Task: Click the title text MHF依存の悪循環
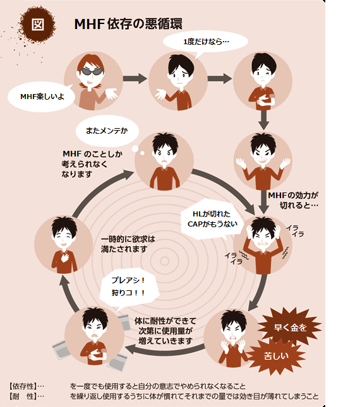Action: (128, 24)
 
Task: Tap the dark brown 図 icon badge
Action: (37, 25)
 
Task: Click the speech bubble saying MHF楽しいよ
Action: (42, 97)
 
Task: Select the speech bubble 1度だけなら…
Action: (205, 42)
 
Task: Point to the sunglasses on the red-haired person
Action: (91, 71)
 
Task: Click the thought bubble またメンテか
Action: (107, 131)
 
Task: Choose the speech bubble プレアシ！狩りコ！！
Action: (129, 286)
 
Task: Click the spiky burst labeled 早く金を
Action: (290, 327)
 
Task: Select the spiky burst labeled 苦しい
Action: (276, 356)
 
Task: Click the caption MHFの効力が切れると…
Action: (294, 200)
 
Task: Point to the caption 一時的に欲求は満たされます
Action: (128, 244)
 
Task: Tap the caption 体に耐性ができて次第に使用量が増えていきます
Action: (165, 331)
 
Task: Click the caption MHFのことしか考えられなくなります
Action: (92, 164)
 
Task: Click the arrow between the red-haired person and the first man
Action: (135, 78)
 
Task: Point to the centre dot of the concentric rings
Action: (164, 261)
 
